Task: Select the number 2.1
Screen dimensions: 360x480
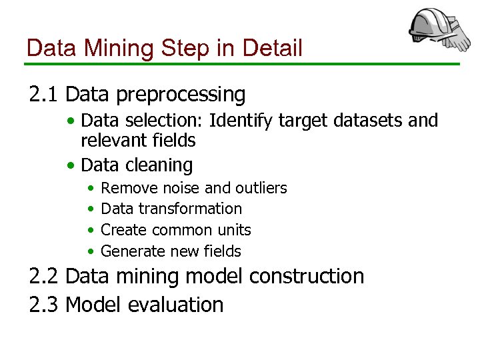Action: pos(45,95)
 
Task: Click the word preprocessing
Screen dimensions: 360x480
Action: pos(180,95)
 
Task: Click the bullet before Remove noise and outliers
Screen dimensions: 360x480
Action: pos(90,189)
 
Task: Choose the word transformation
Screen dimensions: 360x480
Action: pos(190,209)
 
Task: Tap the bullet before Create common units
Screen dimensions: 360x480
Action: pos(90,231)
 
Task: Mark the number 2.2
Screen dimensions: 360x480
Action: pos(45,276)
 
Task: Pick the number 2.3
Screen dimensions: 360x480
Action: pos(45,305)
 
